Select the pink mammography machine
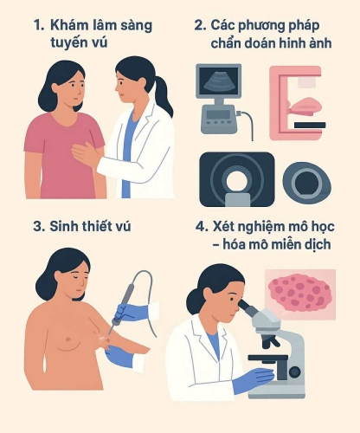[x=296, y=102]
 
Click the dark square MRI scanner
[x=236, y=179]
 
